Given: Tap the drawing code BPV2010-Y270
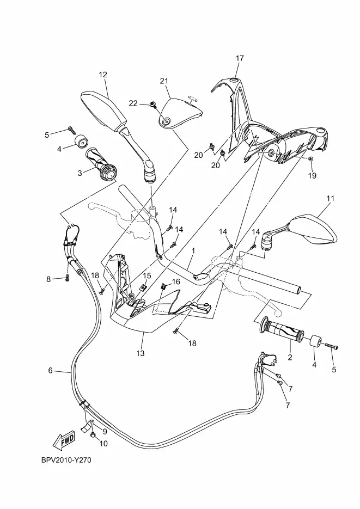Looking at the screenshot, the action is pyautogui.click(x=66, y=460).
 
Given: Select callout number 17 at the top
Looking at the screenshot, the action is pyautogui.click(x=240, y=58).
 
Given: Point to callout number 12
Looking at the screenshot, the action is pyautogui.click(x=103, y=75).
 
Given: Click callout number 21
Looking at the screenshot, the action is pyautogui.click(x=164, y=81).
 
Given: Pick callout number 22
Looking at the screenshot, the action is pyautogui.click(x=133, y=103).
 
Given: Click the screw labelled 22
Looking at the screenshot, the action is pyautogui.click(x=152, y=104).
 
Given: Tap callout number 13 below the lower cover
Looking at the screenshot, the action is pyautogui.click(x=140, y=353).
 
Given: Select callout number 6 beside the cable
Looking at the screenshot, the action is pyautogui.click(x=50, y=370).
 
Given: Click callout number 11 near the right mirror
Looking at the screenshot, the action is pyautogui.click(x=331, y=198).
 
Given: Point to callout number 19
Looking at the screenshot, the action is pyautogui.click(x=312, y=176).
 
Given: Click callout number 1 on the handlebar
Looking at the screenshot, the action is pyautogui.click(x=193, y=251).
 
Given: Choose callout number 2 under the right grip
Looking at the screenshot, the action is pyautogui.click(x=290, y=358).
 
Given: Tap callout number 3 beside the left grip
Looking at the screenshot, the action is pyautogui.click(x=80, y=173).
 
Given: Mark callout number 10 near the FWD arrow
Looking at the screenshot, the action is pyautogui.click(x=103, y=444).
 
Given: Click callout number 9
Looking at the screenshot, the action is pyautogui.click(x=105, y=432).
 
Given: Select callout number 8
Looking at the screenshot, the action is pyautogui.click(x=48, y=279).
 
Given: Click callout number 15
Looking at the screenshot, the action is pyautogui.click(x=147, y=276).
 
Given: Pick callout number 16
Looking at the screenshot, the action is pyautogui.click(x=175, y=281).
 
